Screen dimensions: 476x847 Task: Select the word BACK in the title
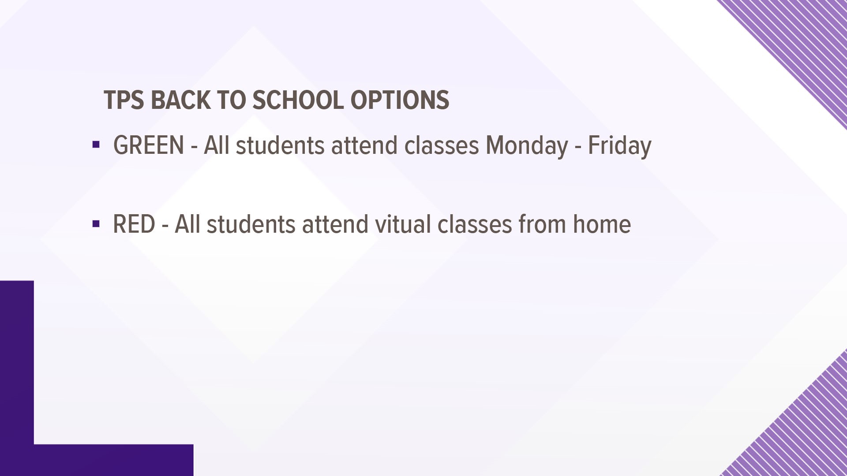pyautogui.click(x=180, y=100)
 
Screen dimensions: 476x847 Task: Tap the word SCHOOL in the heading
pyautogui.click(x=298, y=100)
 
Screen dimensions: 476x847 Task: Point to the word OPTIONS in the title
pyautogui.click(x=400, y=100)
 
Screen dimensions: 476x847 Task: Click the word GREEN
pyautogui.click(x=149, y=145)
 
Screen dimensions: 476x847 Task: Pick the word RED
pyautogui.click(x=134, y=224)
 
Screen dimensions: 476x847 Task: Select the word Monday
pyautogui.click(x=527, y=145)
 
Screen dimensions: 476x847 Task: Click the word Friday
pyautogui.click(x=619, y=145)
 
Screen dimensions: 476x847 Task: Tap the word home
pyautogui.click(x=602, y=224)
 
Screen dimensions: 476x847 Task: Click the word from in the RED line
pyautogui.click(x=543, y=224)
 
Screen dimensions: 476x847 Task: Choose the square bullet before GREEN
pyautogui.click(x=96, y=145)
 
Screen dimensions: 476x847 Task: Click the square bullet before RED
pyautogui.click(x=96, y=224)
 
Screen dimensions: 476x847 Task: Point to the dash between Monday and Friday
pyautogui.click(x=578, y=147)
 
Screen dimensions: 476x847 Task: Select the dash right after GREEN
pyautogui.click(x=194, y=147)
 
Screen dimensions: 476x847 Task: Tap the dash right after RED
pyautogui.click(x=165, y=226)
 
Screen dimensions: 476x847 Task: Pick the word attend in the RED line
pyautogui.click(x=335, y=224)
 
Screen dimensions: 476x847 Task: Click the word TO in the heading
pyautogui.click(x=231, y=100)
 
